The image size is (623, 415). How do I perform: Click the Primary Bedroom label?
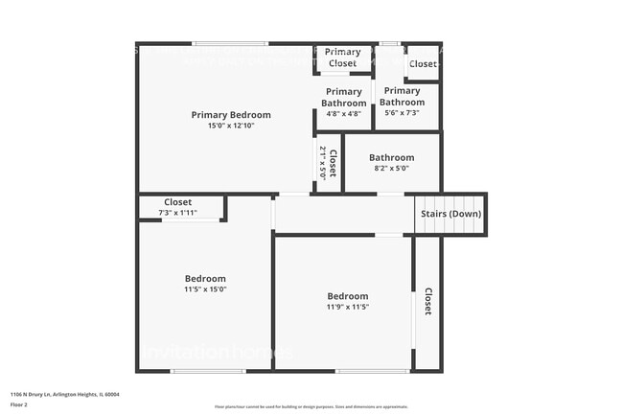(x=230, y=115)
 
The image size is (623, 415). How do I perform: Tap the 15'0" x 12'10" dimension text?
(x=230, y=126)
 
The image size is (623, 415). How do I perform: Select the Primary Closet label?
(x=342, y=58)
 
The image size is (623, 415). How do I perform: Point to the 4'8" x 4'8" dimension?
(x=342, y=114)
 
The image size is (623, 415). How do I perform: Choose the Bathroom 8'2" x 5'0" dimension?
(x=391, y=169)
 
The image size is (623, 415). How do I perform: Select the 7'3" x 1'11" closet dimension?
(x=177, y=213)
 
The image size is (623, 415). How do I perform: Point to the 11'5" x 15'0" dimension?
(x=205, y=289)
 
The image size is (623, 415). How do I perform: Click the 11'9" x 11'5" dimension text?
(x=347, y=307)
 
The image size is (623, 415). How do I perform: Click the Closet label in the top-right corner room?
(x=422, y=64)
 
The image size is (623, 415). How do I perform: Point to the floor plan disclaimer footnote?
(x=311, y=406)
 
